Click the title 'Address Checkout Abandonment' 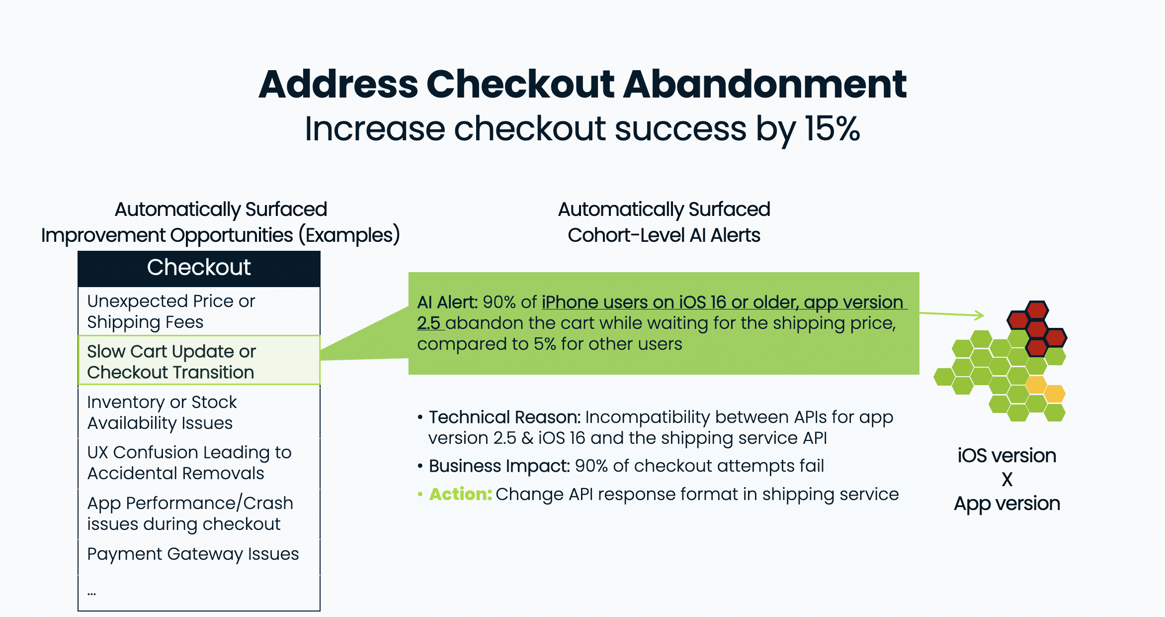(582, 84)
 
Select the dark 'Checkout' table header (199, 269)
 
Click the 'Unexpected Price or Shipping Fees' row (199, 311)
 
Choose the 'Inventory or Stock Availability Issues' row (199, 412)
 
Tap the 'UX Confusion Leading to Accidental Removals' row (199, 463)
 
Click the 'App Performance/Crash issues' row (199, 514)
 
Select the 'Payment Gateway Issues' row (199, 554)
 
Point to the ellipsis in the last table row (92, 594)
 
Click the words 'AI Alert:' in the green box (447, 302)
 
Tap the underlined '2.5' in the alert (429, 323)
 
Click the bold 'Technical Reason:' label (504, 417)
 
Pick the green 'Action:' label (461, 494)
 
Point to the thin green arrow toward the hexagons (952, 314)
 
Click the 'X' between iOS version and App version (1007, 480)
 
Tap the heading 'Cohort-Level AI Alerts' (664, 235)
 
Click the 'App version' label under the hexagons (1007, 504)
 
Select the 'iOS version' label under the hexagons (1007, 456)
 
